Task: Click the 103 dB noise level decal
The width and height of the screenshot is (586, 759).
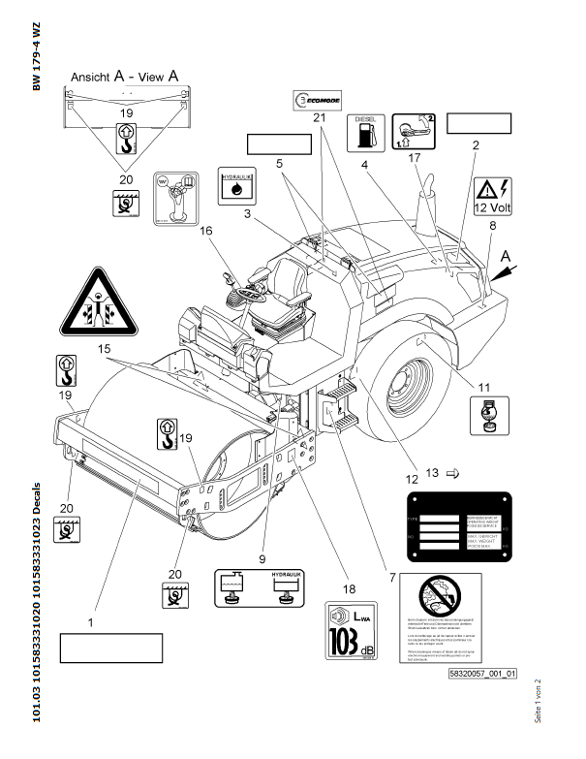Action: coord(352,629)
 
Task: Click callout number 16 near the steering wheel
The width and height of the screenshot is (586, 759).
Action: coord(205,231)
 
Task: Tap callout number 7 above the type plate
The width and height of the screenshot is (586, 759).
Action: coord(393,579)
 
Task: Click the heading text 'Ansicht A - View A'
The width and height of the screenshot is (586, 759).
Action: coord(123,73)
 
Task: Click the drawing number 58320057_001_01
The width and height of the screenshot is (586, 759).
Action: coord(482,673)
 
